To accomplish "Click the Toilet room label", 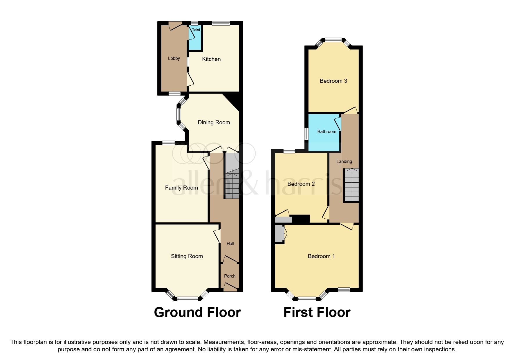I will pos(196,30).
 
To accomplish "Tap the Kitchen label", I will pos(211,59).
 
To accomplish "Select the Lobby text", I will pos(174,58).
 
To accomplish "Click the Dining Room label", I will pos(214,123).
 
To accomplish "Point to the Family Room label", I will pos(181,188).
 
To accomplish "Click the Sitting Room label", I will pos(187,256).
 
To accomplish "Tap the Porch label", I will pos(230,276).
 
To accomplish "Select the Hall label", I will pos(230,244).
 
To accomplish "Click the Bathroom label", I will pos(327,132).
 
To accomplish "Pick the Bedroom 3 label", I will pos(333,81).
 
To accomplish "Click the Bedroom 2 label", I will pos(301,184).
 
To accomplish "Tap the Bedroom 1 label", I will pos(321,256).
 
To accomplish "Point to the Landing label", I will pos(344,161).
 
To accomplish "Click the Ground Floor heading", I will pos(197,313).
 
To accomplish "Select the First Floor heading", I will pos(317,313).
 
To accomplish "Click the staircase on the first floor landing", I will pos(351,185).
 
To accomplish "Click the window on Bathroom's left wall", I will pos(306,134).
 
